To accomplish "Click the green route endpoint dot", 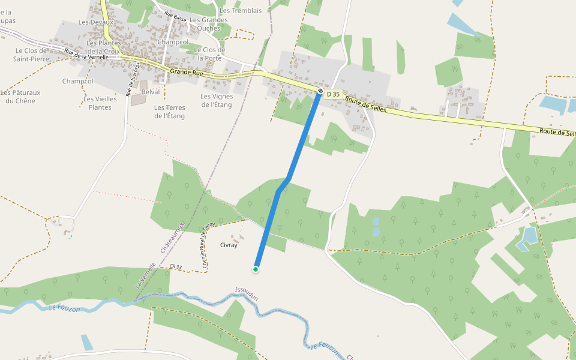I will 256,269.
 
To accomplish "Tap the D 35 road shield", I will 334,94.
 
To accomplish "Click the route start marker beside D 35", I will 321,92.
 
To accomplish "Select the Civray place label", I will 229,245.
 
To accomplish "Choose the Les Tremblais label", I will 241,11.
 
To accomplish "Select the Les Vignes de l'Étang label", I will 216,100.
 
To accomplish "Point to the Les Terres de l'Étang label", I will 169,112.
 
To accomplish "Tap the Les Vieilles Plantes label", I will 100,103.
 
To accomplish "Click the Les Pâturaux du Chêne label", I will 17,97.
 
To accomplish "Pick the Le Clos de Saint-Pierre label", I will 31,55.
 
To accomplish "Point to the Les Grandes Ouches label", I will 209,24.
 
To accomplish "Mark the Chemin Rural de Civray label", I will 208,245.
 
